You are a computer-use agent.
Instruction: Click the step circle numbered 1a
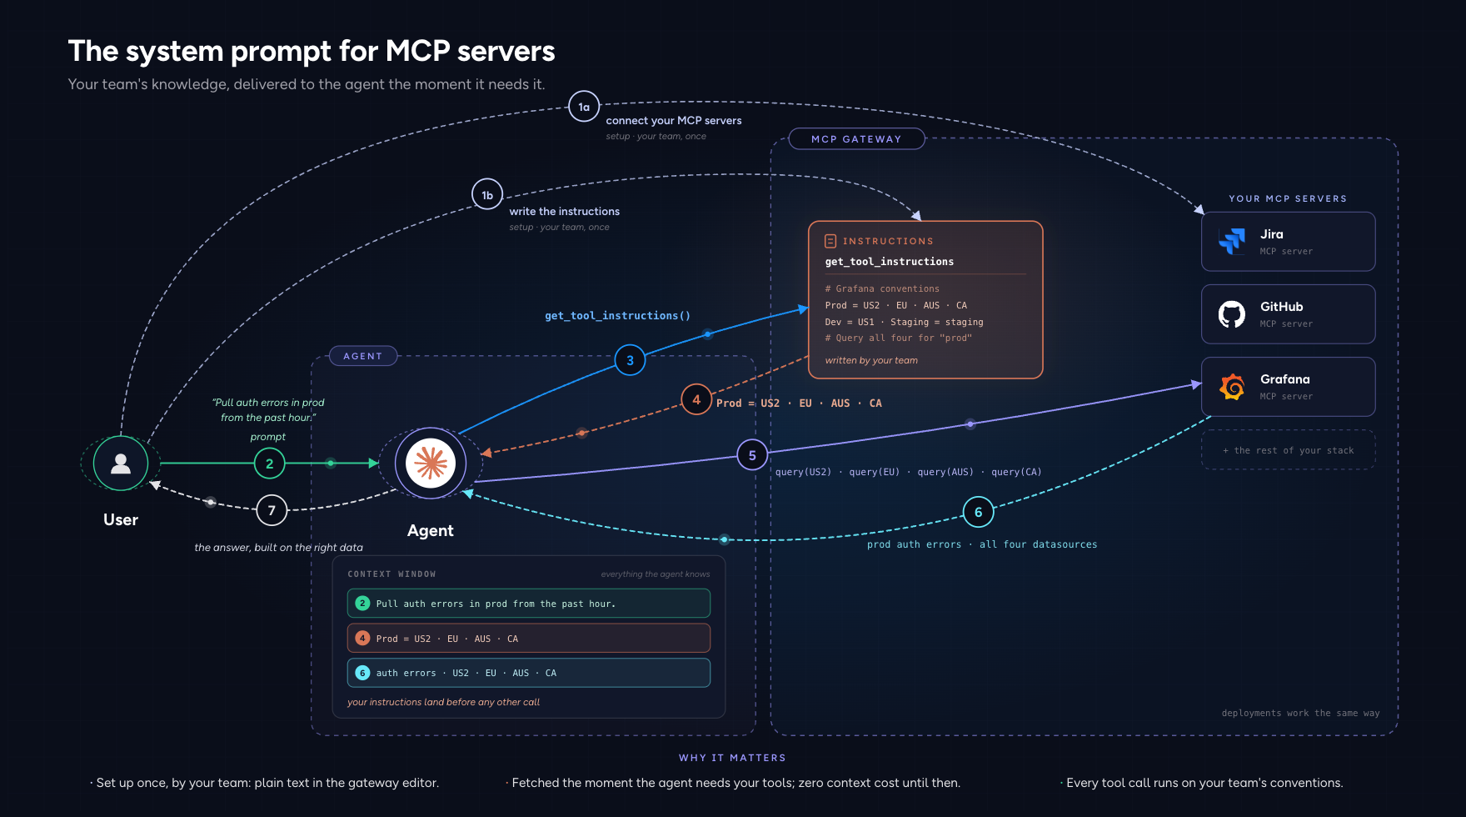584,107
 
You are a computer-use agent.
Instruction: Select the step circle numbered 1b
487,195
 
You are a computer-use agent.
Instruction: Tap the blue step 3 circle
630,360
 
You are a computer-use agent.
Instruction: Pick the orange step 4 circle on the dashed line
696,399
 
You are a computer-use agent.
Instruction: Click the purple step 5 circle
752,455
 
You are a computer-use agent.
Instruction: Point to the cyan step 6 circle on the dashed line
978,512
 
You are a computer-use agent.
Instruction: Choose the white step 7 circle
272,510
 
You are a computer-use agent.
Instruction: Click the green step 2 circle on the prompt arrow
269,464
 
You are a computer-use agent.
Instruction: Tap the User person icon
121,464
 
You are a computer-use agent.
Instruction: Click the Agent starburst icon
431,464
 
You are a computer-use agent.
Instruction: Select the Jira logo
1232,241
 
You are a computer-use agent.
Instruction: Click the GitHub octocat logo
1232,314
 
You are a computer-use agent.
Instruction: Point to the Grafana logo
1232,387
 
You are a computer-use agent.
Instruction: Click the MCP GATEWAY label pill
856,139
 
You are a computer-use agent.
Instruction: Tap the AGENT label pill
362,356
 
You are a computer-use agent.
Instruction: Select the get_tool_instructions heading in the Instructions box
890,262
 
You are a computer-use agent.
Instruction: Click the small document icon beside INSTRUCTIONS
830,241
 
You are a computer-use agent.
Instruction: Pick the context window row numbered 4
529,639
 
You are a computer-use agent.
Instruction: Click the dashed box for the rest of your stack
1288,450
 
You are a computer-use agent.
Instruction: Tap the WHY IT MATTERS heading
732,758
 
